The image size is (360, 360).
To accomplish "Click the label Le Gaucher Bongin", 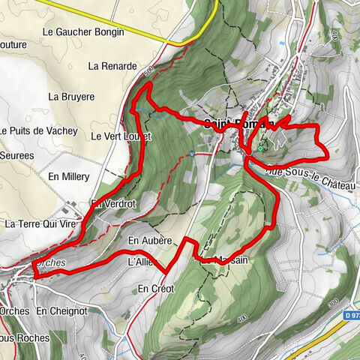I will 83,32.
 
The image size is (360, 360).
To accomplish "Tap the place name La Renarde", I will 112,66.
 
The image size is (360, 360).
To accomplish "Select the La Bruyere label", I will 71,97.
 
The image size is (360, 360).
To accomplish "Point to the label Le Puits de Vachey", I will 39,130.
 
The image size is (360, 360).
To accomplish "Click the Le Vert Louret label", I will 121,136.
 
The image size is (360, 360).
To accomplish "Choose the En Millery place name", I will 68,176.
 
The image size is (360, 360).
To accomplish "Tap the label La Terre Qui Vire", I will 41,223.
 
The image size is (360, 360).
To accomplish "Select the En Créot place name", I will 156,289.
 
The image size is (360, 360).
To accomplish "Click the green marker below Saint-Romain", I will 260,148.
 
